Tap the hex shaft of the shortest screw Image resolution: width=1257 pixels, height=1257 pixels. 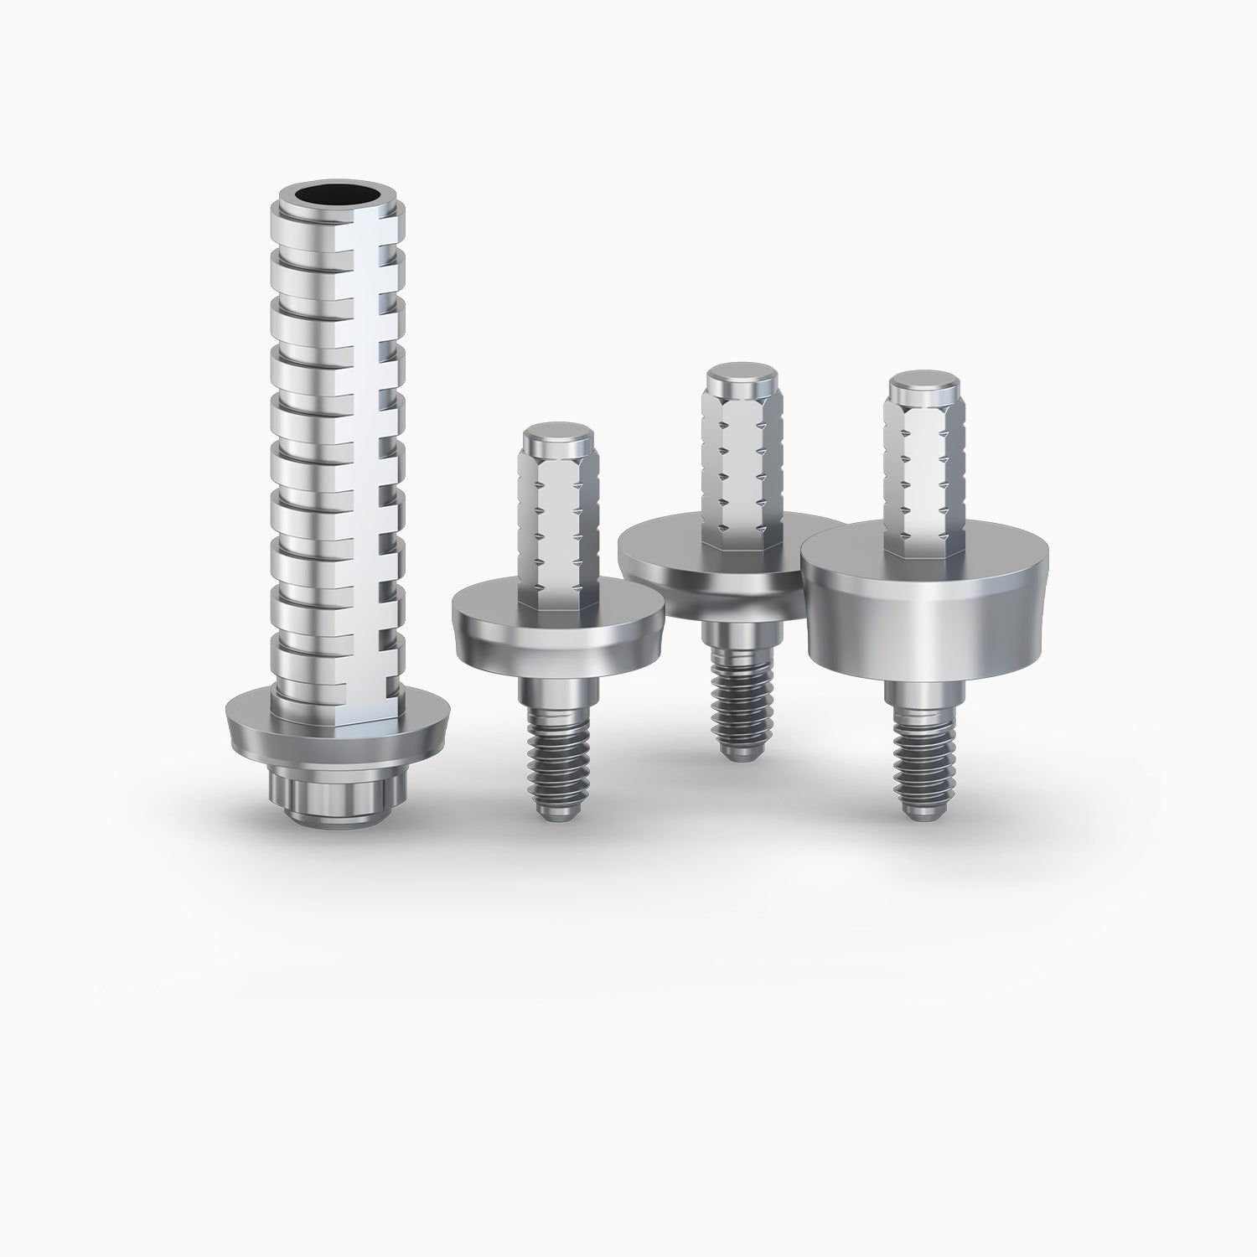click(x=557, y=520)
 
